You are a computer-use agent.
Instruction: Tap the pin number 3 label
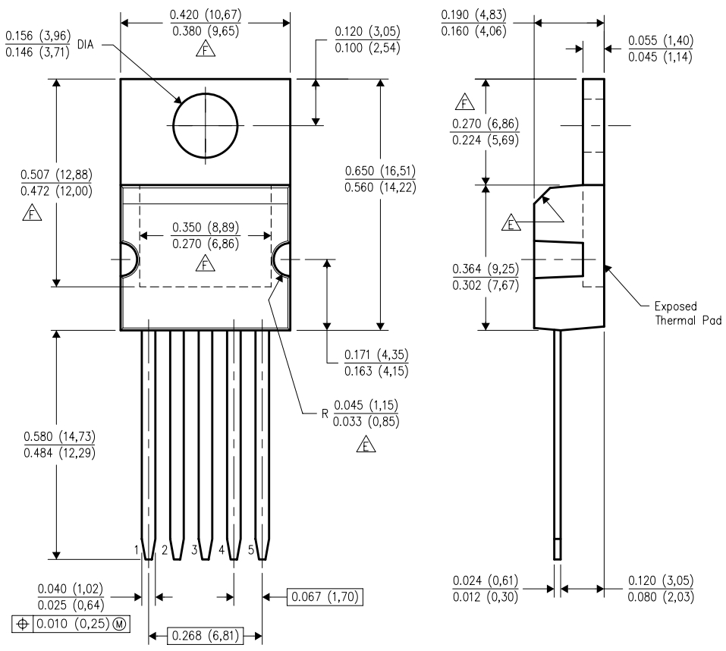tap(194, 549)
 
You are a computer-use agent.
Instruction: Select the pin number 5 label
tap(250, 549)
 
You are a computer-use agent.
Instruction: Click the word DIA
tap(85, 46)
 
